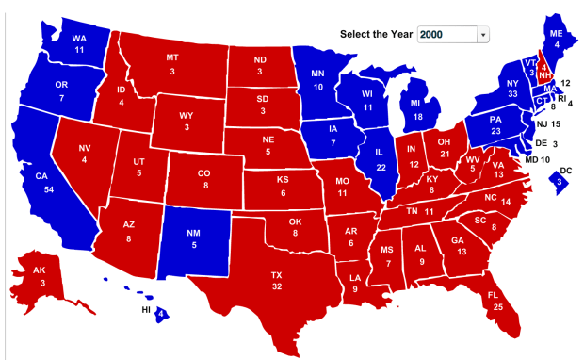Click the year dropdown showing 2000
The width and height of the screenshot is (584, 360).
coord(453,35)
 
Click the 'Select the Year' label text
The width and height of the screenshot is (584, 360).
coord(376,35)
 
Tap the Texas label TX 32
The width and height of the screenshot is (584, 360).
coord(277,280)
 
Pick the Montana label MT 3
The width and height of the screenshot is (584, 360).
coord(172,64)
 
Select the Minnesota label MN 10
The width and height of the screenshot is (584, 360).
coord(319,79)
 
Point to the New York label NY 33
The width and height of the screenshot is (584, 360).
coord(486,88)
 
